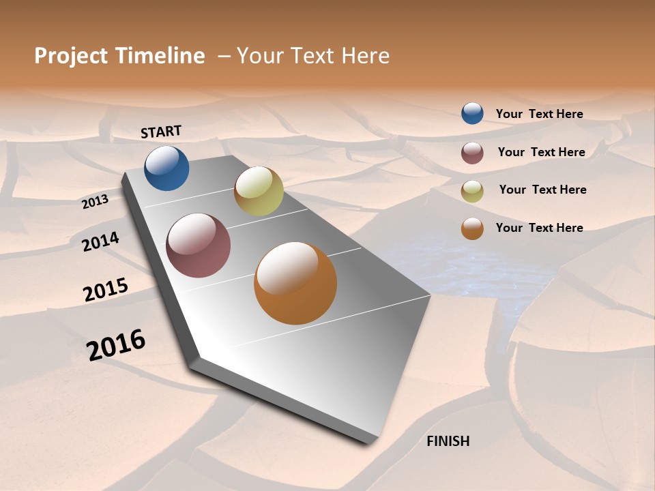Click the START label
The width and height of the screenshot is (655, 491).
pyautogui.click(x=161, y=132)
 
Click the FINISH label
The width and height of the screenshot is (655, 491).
pyautogui.click(x=448, y=441)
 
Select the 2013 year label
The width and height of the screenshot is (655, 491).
pyautogui.click(x=96, y=201)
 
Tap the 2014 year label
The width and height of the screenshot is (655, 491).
pyautogui.click(x=100, y=242)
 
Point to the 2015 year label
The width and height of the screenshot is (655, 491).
pyautogui.click(x=105, y=290)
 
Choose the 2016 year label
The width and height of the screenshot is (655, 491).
pyautogui.click(x=116, y=344)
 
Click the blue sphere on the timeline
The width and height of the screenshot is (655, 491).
pyautogui.click(x=166, y=168)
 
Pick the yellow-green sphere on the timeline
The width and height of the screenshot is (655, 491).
pyautogui.click(x=259, y=191)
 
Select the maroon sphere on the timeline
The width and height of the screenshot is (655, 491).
pyautogui.click(x=198, y=245)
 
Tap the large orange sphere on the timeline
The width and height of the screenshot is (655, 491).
pyautogui.click(x=295, y=283)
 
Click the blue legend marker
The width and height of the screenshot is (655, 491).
pyautogui.click(x=472, y=113)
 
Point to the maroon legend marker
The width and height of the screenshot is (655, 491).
pyautogui.click(x=472, y=153)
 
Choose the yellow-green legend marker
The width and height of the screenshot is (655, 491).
pyautogui.click(x=472, y=191)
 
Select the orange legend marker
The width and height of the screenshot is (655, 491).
pyautogui.click(x=472, y=228)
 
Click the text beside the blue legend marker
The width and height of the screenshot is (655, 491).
pyautogui.click(x=539, y=115)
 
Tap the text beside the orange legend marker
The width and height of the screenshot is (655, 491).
pyautogui.click(x=539, y=228)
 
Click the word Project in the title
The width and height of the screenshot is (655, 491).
pyautogui.click(x=70, y=56)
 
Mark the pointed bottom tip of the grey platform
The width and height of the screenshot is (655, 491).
pyautogui.click(x=368, y=442)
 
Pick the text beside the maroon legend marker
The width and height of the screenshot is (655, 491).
pyautogui.click(x=541, y=152)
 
